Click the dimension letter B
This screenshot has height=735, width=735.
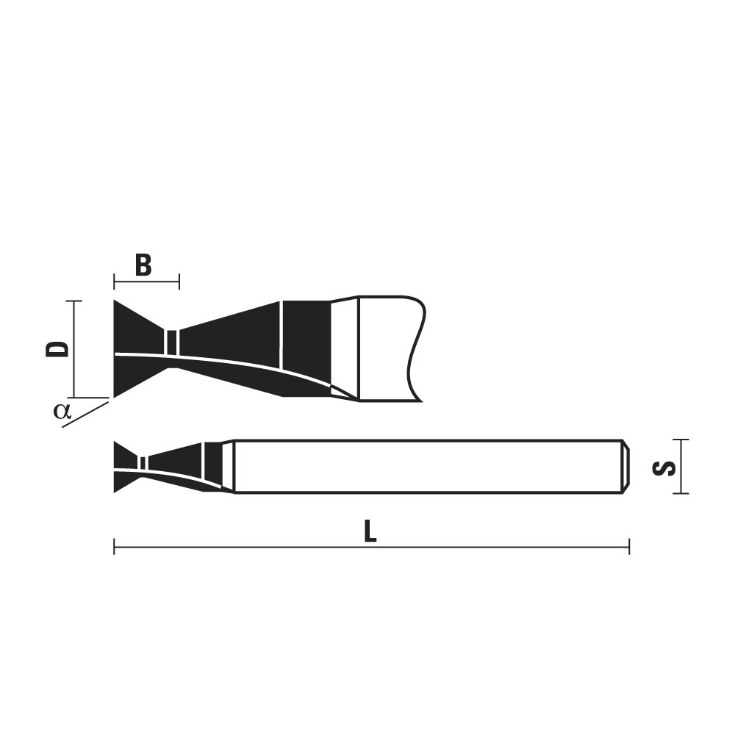[143, 265]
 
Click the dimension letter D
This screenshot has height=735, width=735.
[57, 348]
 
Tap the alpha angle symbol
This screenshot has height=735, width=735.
[62, 411]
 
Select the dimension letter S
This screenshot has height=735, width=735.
[664, 467]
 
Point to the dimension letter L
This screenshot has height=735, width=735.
[370, 531]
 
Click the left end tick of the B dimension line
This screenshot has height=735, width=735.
[115, 282]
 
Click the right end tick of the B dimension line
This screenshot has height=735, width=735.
[179, 282]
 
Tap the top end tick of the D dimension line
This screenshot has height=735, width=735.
[74, 301]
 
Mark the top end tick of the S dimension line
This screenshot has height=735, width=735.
[681, 440]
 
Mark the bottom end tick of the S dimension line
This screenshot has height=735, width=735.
[681, 493]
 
